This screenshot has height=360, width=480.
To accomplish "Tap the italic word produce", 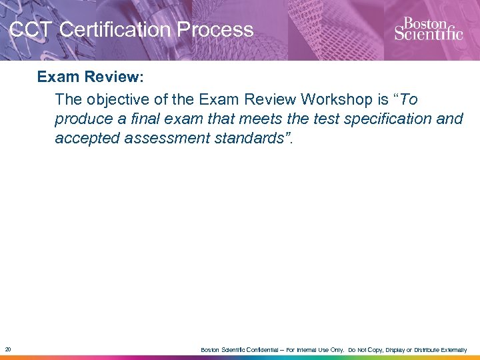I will [83, 119].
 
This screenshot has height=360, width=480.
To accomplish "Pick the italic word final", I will [145, 119].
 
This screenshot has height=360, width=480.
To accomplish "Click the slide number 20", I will [7, 349].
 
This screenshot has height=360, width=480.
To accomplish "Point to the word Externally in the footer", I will [457, 350].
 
